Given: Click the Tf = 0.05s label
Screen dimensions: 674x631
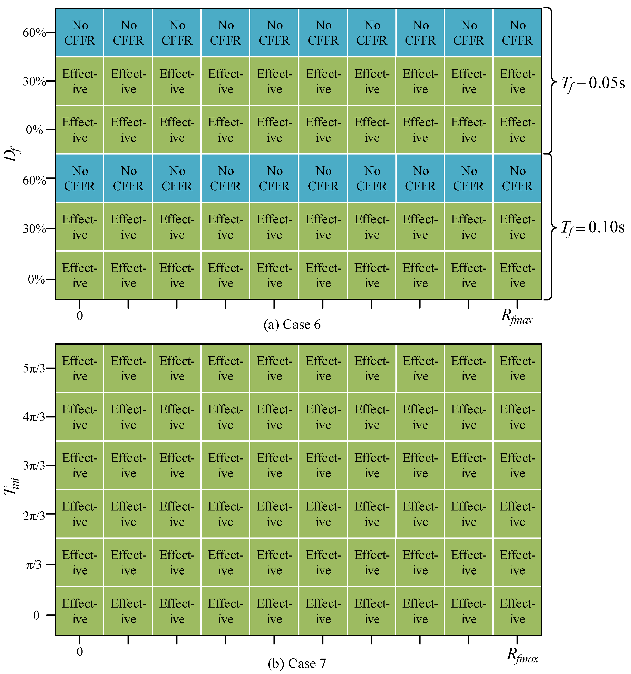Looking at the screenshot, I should coord(593,83).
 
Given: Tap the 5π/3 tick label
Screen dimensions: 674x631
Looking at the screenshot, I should coord(34,368).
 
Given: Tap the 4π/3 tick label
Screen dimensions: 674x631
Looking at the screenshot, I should coord(34,417).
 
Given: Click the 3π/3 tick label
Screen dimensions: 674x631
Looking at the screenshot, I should coord(34,465).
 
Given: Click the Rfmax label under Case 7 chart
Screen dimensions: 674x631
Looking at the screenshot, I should coord(522,655).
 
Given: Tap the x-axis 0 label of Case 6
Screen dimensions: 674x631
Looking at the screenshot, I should coord(80,316).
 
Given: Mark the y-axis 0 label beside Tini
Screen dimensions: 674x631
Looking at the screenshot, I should coord(36,615).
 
